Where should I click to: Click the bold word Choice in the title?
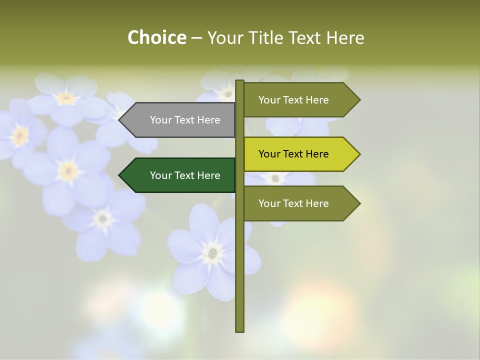156,38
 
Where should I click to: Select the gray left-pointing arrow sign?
180,120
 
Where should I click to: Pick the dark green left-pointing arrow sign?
180,175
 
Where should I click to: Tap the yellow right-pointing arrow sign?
298,154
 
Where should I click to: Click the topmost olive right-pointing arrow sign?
298,100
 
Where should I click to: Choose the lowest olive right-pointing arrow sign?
298,203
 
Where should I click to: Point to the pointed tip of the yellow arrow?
359,154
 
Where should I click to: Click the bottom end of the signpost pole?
240,330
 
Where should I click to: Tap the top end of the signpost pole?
240,81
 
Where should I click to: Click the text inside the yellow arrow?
293,154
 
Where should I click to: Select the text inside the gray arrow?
185,120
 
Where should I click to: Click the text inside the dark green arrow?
185,175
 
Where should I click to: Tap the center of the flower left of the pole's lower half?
213,252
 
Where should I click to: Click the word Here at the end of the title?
345,38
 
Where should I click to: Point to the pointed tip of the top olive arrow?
359,100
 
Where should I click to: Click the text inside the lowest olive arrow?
293,203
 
